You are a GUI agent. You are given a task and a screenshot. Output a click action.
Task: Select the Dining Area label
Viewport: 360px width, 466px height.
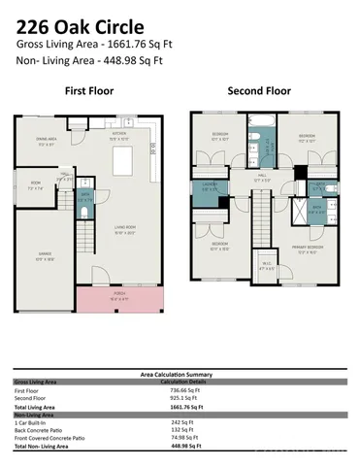tap(47, 143)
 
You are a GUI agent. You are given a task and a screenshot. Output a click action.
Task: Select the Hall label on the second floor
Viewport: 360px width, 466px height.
tap(262, 178)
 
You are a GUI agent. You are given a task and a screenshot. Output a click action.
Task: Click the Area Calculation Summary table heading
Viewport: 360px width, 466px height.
tap(180, 374)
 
